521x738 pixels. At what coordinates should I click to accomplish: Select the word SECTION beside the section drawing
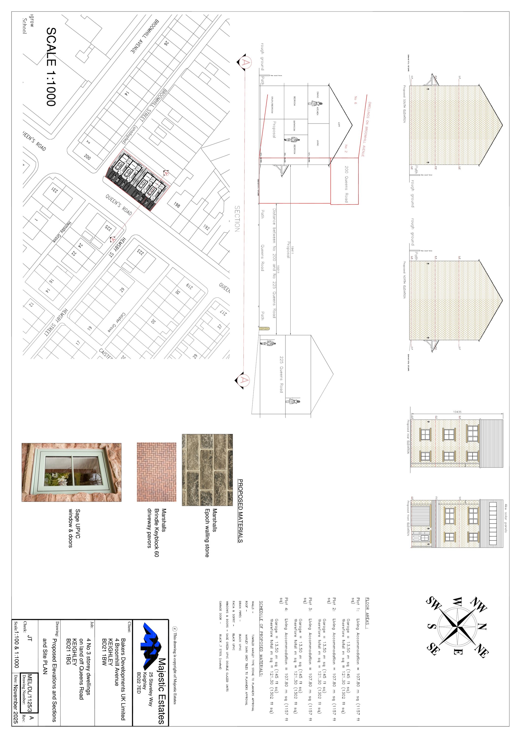click(237, 219)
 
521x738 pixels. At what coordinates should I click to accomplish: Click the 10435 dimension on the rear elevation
click(457, 412)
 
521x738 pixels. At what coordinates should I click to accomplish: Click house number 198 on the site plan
click(177, 205)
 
